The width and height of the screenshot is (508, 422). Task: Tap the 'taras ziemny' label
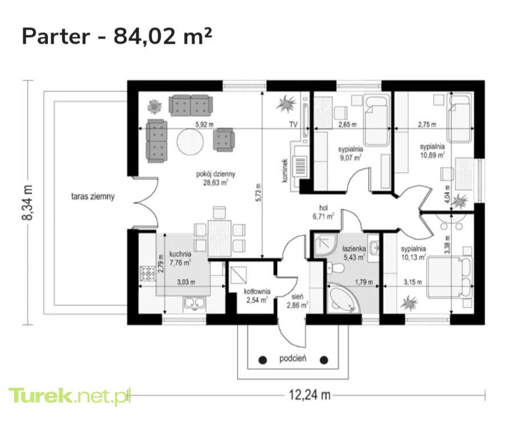(x=93, y=197)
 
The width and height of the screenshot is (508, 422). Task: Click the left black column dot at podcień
(x=263, y=360)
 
